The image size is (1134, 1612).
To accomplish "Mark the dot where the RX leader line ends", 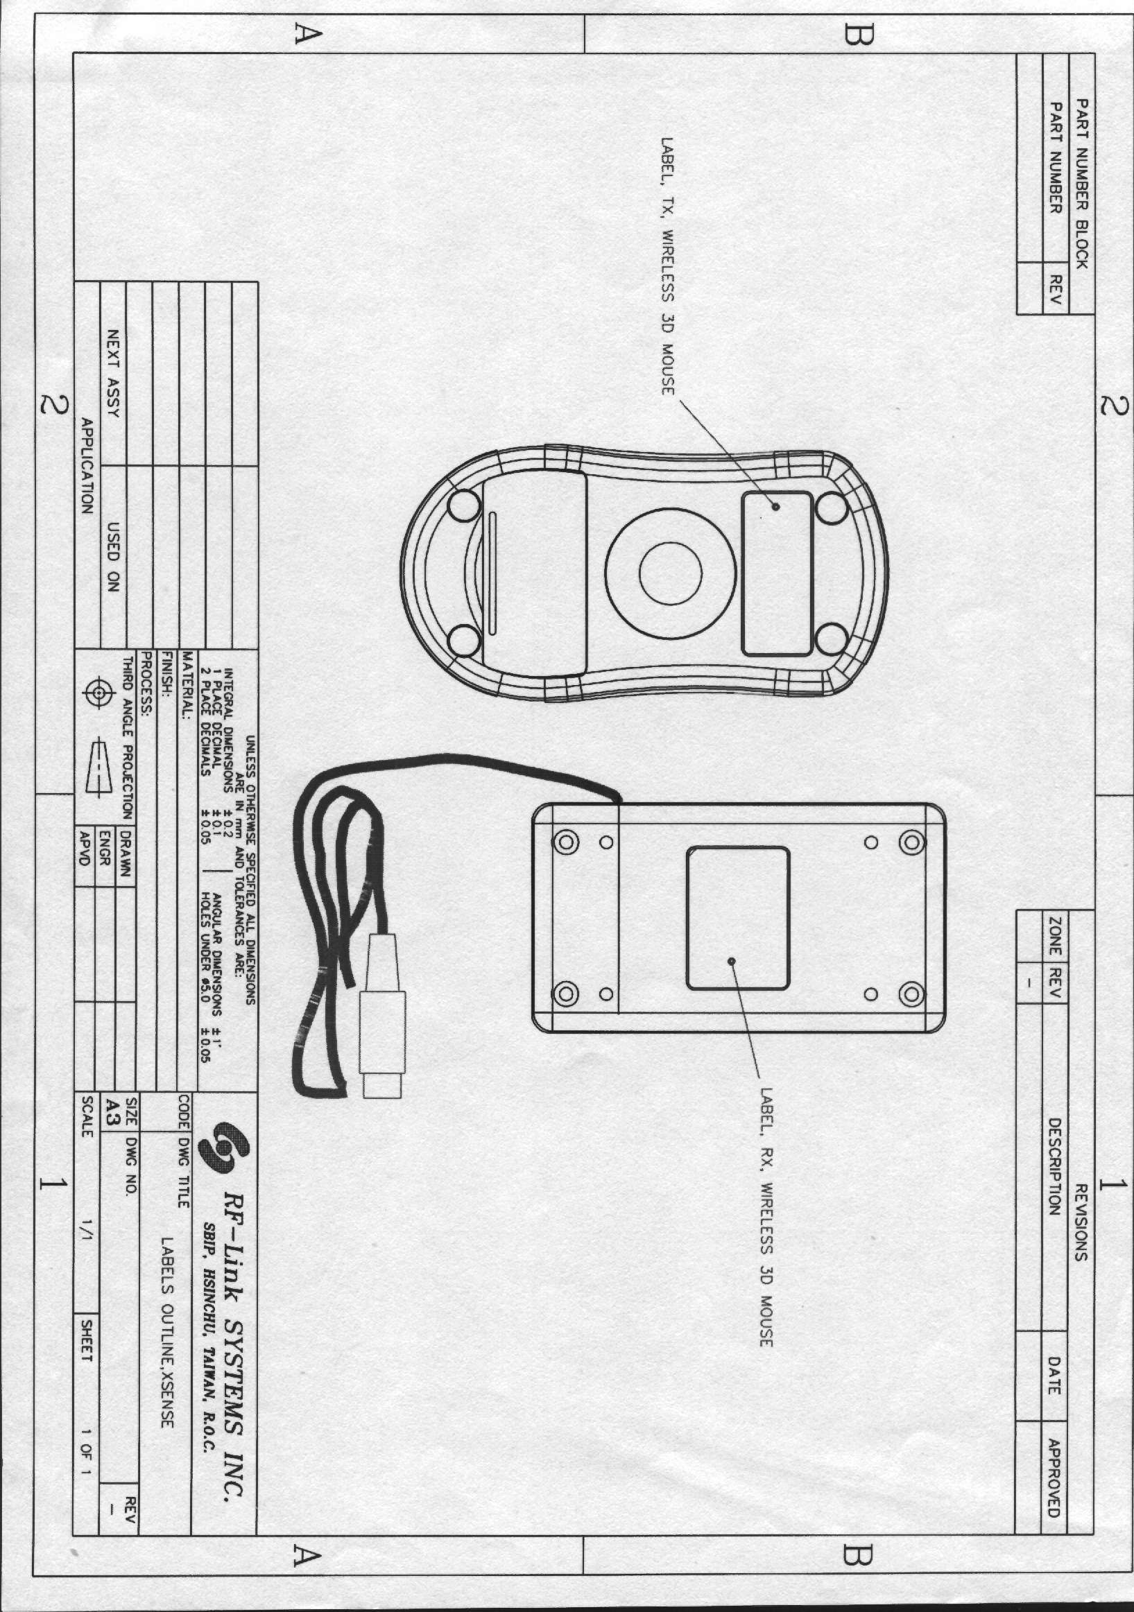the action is (x=732, y=961).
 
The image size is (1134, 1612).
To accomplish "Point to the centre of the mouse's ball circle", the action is (x=670, y=573).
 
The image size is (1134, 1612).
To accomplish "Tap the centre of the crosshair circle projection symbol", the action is (x=101, y=693).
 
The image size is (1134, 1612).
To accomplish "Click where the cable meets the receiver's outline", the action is (x=618, y=803).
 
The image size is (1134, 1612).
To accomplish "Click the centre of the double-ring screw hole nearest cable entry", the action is (x=566, y=841).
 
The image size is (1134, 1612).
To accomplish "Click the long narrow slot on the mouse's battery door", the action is (x=493, y=572).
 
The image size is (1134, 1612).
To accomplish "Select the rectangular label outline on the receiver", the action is (x=737, y=918).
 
